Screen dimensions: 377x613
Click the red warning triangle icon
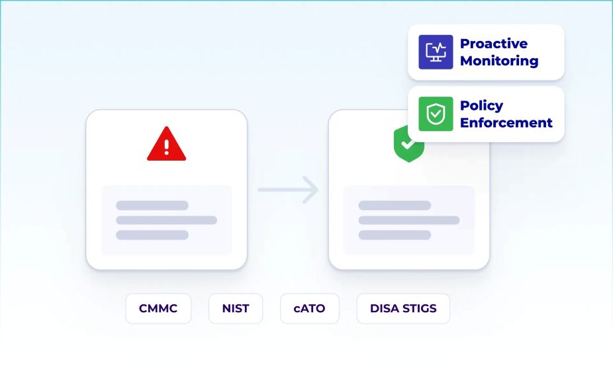166,144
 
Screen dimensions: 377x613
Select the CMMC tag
158,308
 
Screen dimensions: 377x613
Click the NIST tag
236,308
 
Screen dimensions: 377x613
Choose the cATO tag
310,308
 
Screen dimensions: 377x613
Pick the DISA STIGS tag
402,308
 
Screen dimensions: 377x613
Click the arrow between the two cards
289,190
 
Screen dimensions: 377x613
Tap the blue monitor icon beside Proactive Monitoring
436,52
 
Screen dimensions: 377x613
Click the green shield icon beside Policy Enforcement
436,114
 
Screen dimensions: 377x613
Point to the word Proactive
494,44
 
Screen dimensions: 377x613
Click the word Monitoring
499,61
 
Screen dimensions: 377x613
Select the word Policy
481,105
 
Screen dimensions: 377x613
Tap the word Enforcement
506,122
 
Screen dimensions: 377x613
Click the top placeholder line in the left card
152,206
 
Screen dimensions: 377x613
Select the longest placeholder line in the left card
166,220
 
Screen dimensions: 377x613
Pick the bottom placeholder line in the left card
152,235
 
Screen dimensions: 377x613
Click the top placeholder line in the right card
395,206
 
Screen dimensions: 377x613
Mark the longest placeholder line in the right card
408,220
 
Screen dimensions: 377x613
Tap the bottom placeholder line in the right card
395,235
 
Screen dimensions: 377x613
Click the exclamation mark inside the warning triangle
166,146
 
